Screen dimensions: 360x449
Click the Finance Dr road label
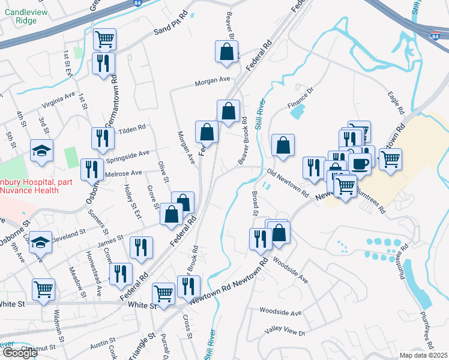tap(301, 97)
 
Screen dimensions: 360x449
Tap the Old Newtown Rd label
tap(288, 184)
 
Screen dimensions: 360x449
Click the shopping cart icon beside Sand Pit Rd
tap(104, 39)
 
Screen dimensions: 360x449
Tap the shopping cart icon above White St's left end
tap(44, 289)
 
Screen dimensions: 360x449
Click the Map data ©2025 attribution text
tap(424, 355)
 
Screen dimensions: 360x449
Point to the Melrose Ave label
tap(124, 173)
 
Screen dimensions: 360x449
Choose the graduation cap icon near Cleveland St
tap(40, 242)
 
